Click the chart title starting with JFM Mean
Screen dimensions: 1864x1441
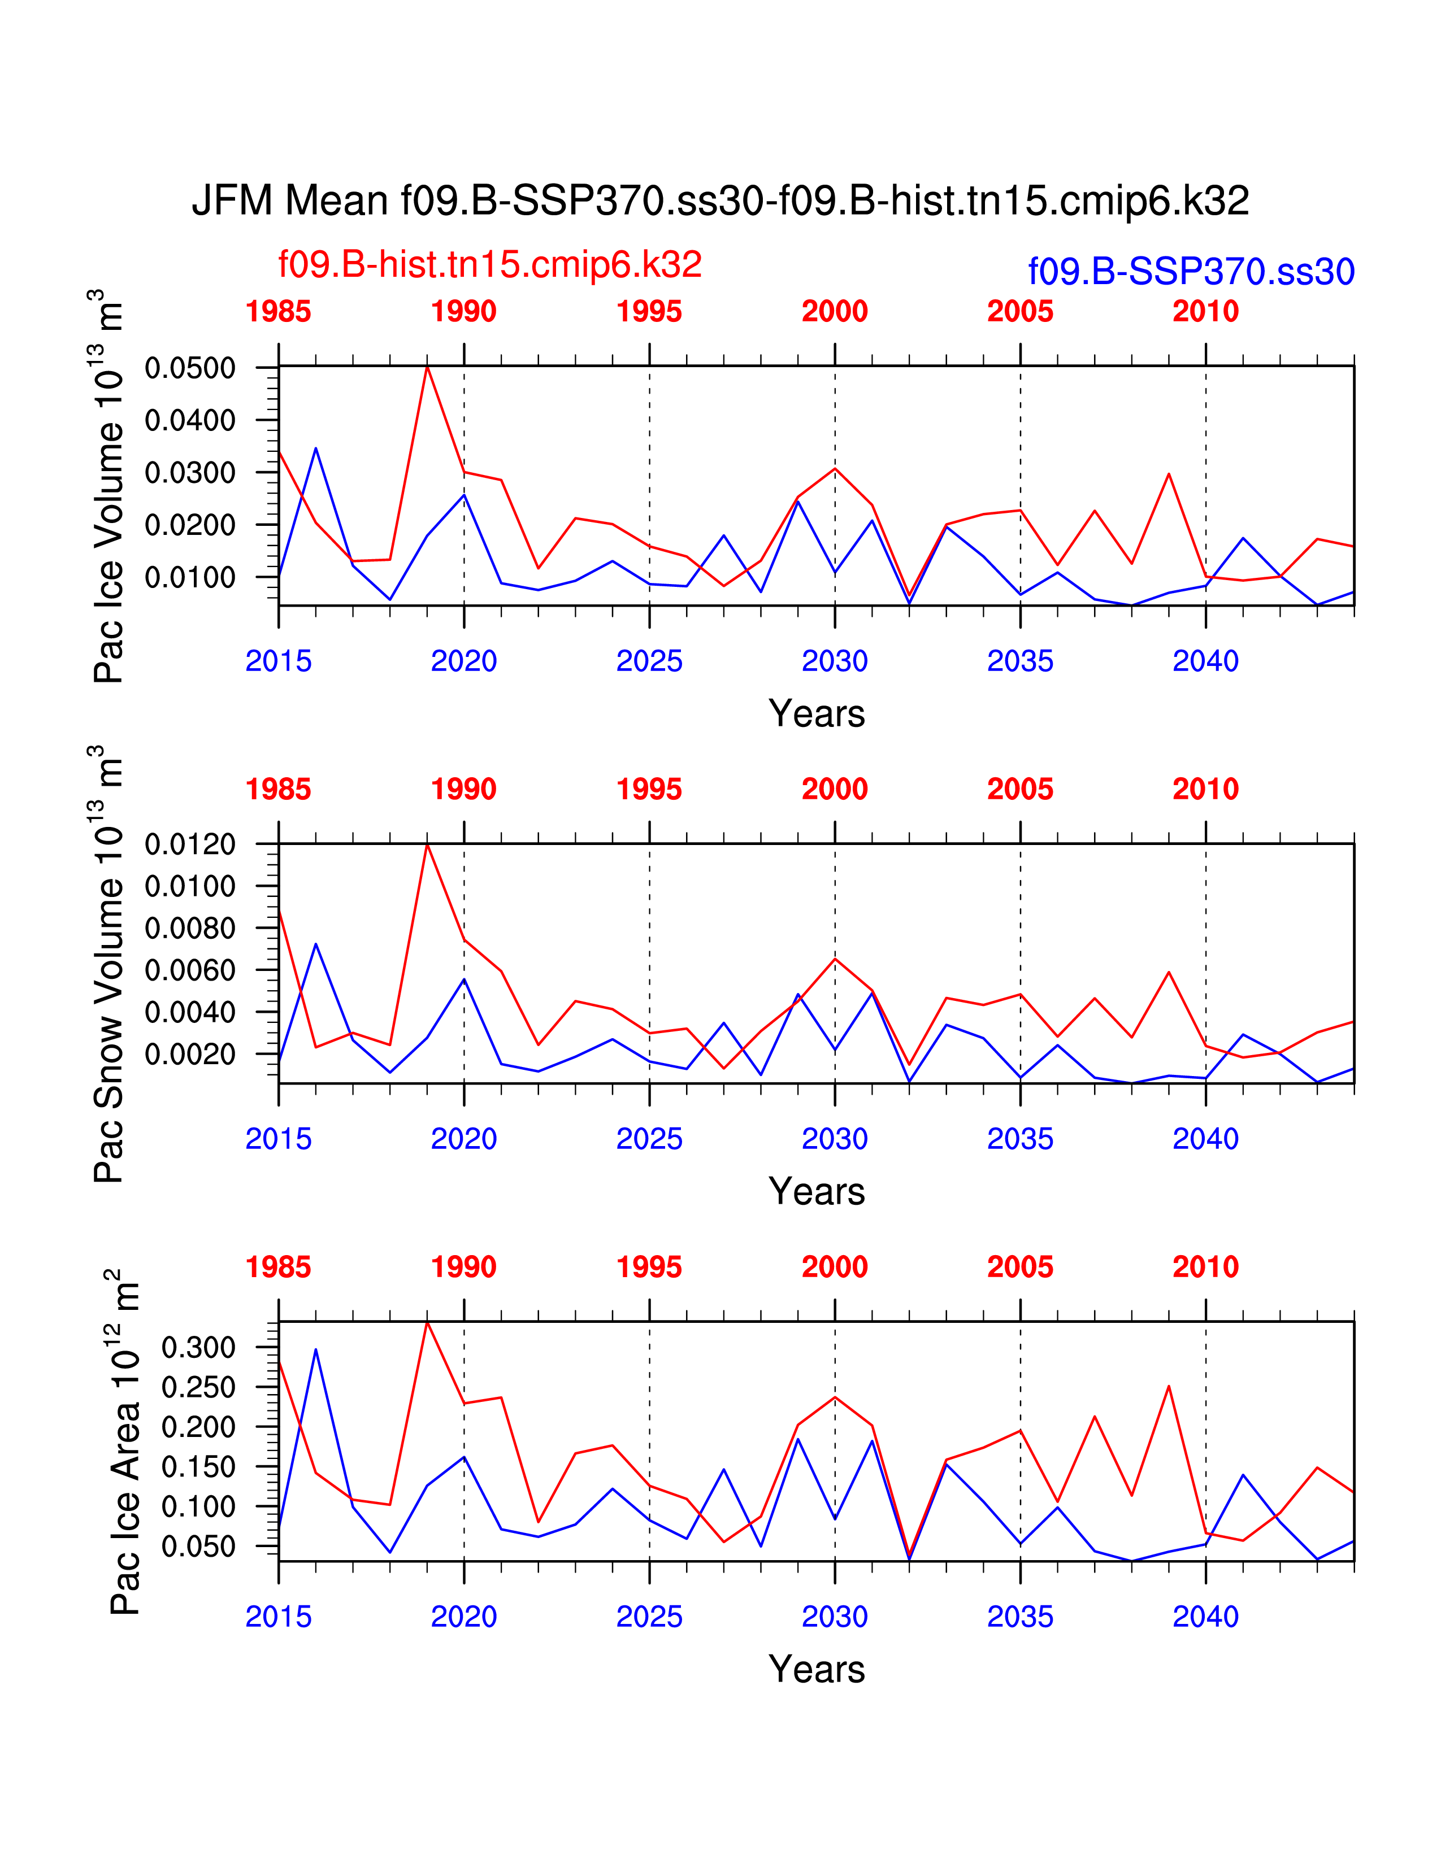coord(719,201)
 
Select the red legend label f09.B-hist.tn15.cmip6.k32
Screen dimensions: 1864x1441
coord(490,264)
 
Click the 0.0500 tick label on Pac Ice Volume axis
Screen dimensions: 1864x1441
coord(189,369)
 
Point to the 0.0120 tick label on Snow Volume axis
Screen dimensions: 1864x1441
coord(189,845)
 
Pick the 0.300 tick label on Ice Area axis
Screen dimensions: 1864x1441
coord(198,1348)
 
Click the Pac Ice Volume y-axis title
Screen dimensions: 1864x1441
coord(108,486)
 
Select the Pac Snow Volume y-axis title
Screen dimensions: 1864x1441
coord(108,964)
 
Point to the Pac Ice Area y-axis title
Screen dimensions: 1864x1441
coord(124,1443)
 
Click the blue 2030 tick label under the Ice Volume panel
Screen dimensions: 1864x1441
coord(834,661)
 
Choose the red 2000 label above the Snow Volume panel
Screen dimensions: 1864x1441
coord(834,790)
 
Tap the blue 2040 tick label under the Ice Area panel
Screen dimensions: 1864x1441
coord(1205,1617)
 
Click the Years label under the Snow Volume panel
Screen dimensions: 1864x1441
coord(816,1191)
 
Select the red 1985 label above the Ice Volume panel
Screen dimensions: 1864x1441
coord(278,312)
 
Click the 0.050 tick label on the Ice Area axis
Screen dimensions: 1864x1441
coord(198,1547)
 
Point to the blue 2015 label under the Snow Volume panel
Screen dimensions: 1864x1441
coord(278,1139)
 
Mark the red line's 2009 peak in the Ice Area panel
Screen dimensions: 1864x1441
coord(1168,1386)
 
